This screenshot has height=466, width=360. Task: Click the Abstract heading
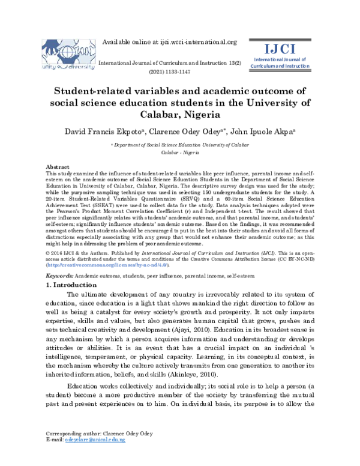[58, 166]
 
